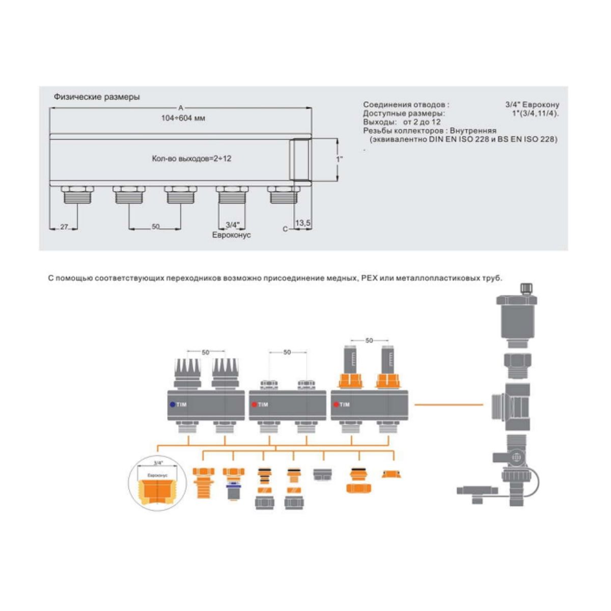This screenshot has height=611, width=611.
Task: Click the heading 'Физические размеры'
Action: click(97, 97)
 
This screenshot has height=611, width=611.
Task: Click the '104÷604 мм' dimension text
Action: click(183, 118)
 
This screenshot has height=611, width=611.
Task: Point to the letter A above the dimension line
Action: click(181, 107)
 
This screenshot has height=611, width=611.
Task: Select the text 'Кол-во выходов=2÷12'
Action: click(191, 158)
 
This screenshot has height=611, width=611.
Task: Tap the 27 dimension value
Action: click(64, 227)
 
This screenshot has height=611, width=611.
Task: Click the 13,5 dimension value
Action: click(303, 223)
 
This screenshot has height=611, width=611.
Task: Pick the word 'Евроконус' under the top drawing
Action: click(232, 235)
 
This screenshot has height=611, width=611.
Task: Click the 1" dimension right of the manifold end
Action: click(339, 158)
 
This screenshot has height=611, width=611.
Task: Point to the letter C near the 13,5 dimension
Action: click(285, 229)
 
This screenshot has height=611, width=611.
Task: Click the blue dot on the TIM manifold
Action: click(173, 405)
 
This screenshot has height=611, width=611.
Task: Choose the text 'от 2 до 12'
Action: click(422, 122)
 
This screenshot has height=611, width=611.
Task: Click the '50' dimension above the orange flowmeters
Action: click(369, 340)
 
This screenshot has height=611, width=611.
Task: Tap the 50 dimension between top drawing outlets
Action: click(155, 227)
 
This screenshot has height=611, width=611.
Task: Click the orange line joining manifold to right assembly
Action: click(448, 405)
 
